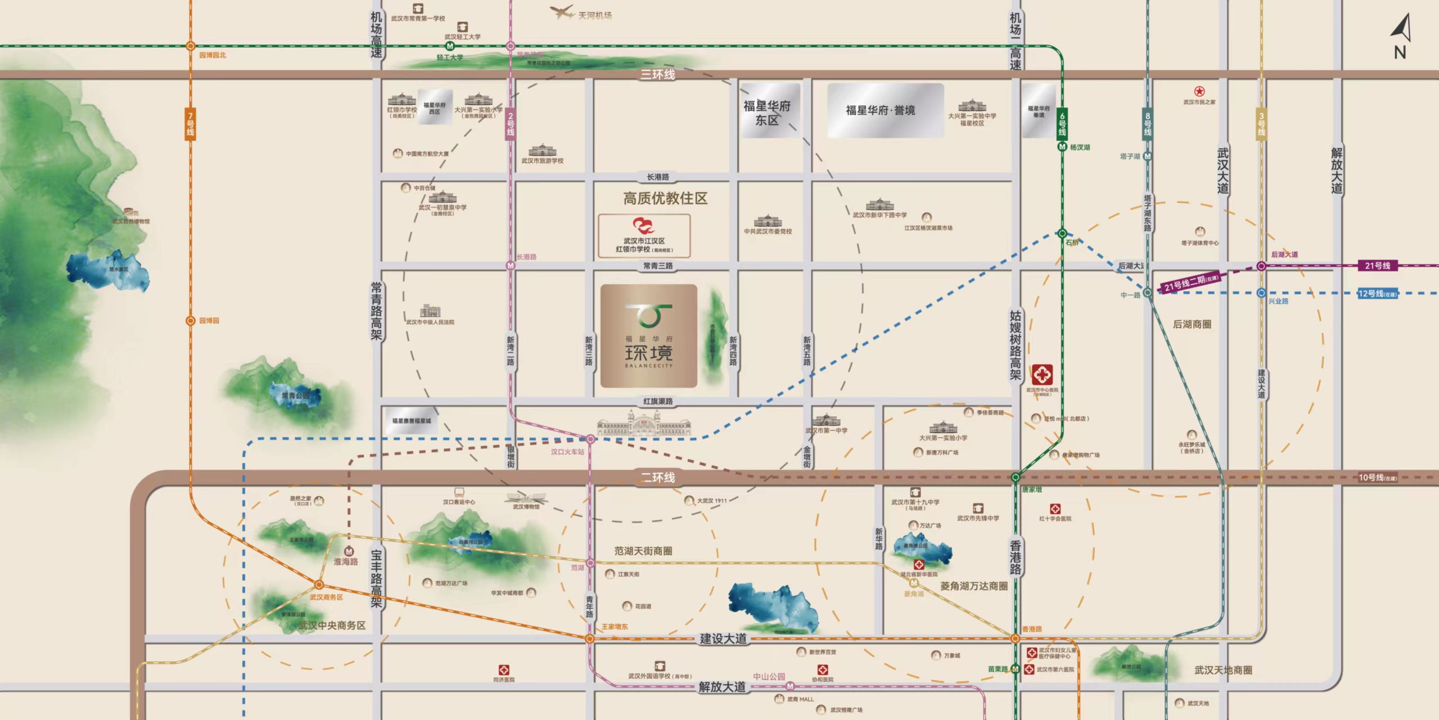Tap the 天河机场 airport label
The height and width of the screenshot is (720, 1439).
coord(594,15)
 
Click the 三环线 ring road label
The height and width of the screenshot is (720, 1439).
coord(657,74)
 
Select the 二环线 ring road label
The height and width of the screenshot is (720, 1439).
coord(658,478)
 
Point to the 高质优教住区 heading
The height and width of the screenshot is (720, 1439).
coord(665,199)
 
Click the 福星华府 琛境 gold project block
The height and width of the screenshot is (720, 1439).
coord(649,336)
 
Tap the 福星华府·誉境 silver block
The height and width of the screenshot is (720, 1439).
coord(885,110)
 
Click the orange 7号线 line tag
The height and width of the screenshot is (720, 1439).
coord(191,124)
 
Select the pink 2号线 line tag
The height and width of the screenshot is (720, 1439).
coord(511,124)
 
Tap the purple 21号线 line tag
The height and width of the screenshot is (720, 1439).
coord(1377,265)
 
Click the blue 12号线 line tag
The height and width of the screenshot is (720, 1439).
coord(1377,293)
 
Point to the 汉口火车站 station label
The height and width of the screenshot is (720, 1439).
coord(567,452)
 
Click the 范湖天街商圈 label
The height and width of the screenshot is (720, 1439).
coord(643,551)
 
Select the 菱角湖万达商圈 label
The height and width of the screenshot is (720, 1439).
coord(973,586)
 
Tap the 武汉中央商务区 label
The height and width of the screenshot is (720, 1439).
coord(332,625)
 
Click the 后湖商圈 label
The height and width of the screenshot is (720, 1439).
coord(1192,325)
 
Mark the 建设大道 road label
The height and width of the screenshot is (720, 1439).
coord(723,639)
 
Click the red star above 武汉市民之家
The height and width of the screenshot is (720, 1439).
coord(1199,91)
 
